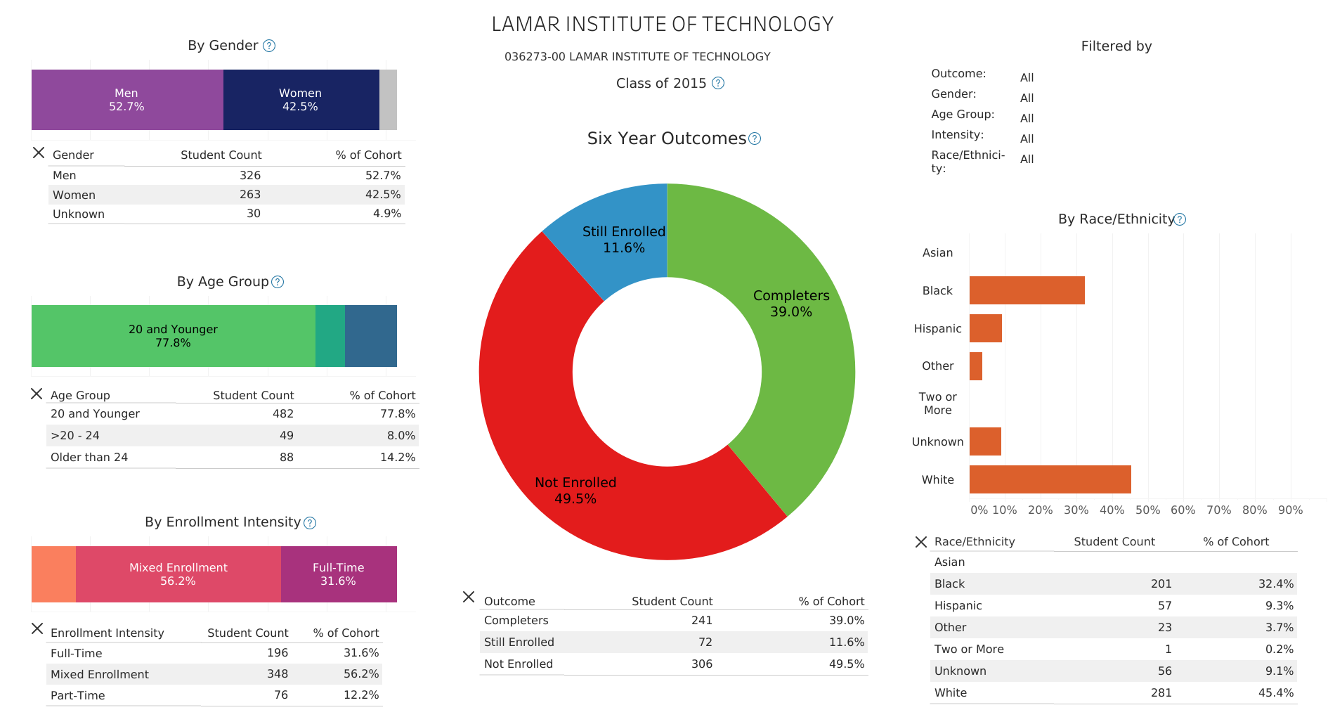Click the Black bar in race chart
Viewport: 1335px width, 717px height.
(x=1027, y=290)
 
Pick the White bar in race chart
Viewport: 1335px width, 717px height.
(x=1050, y=479)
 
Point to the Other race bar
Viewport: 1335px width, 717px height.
(x=976, y=366)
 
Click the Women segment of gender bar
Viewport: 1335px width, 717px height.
(x=301, y=100)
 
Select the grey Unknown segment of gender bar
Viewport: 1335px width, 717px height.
(x=388, y=100)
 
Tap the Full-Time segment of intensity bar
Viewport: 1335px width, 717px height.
(x=339, y=574)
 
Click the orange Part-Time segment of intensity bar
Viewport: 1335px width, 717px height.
(x=53, y=574)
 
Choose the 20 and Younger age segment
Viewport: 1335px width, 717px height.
(x=173, y=336)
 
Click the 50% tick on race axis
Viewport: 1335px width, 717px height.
(x=1147, y=510)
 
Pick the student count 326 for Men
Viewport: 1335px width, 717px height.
(x=249, y=175)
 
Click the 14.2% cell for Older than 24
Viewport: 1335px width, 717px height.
(x=398, y=457)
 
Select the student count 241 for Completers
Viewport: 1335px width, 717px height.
(x=701, y=620)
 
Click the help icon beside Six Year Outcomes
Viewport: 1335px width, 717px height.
(x=755, y=139)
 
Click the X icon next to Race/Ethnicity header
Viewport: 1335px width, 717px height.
(x=921, y=542)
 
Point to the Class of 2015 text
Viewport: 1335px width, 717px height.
(x=660, y=83)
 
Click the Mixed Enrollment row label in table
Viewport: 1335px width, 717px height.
(x=100, y=674)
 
